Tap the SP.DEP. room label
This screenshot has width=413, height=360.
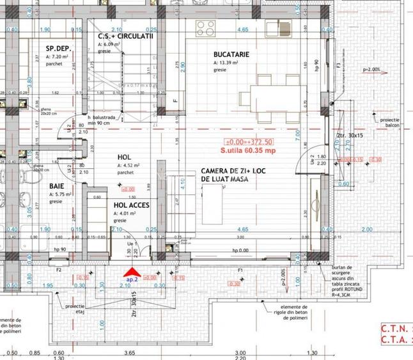point(58,49)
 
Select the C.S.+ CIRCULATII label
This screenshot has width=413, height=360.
point(125,36)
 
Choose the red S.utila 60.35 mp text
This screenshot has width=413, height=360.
point(247,150)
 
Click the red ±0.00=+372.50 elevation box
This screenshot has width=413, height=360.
point(248,141)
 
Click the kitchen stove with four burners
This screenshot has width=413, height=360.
point(206,27)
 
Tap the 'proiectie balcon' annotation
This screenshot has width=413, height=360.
point(387,123)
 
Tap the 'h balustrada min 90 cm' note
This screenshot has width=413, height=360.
point(102,120)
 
